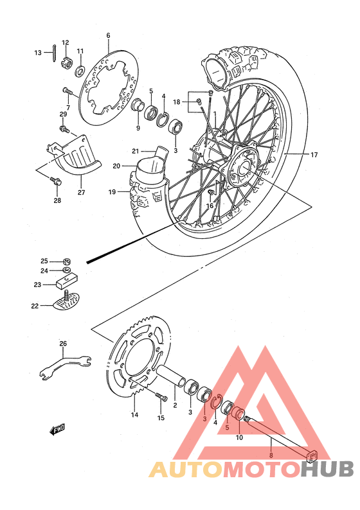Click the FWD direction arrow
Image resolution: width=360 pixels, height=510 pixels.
point(57,428)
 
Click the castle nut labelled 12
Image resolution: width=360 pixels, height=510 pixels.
point(66,64)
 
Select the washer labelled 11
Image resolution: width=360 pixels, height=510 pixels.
point(82,69)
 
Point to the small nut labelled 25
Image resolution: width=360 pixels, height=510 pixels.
point(67,261)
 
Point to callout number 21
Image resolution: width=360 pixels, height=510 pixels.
point(136,151)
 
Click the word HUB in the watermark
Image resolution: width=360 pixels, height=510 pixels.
point(327,469)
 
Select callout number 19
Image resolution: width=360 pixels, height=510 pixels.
point(111,191)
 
